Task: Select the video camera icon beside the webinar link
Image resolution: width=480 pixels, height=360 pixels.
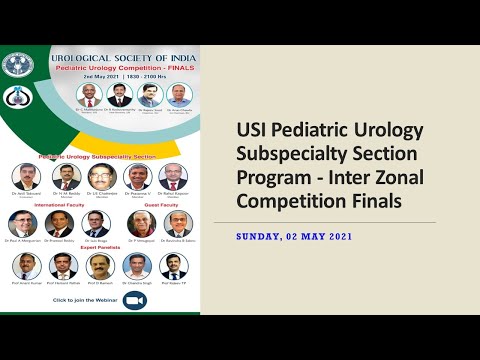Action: [134, 300]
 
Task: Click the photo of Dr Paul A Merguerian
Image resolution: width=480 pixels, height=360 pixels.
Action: [22, 224]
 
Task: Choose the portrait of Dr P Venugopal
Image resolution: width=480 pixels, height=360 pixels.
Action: [141, 224]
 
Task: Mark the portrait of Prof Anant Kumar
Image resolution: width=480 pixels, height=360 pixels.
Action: [27, 266]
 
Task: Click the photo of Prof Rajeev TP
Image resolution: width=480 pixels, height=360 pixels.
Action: [173, 266]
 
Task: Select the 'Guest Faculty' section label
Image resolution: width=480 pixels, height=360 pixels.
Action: [160, 204]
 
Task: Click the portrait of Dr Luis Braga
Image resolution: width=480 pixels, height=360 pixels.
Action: [97, 224]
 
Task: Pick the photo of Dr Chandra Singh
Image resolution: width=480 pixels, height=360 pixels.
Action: [137, 266]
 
